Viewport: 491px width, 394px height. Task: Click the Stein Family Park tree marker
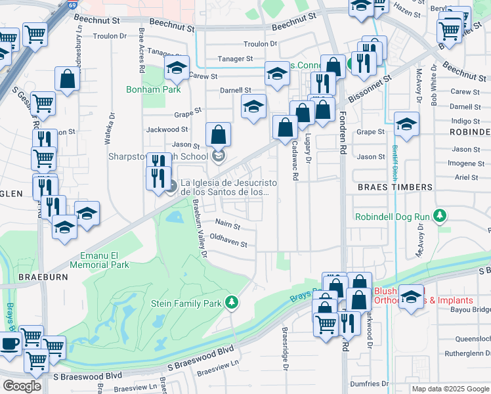[x=231, y=302]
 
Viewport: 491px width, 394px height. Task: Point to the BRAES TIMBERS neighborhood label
[x=395, y=187]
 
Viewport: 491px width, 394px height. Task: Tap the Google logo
[x=22, y=385]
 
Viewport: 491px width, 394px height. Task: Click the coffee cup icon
[x=9, y=343]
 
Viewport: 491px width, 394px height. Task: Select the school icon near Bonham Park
[x=177, y=68]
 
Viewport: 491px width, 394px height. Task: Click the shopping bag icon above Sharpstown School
[x=219, y=135]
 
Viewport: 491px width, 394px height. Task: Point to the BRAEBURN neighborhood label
[x=43, y=277]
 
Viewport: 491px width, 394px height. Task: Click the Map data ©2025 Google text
[x=450, y=389]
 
